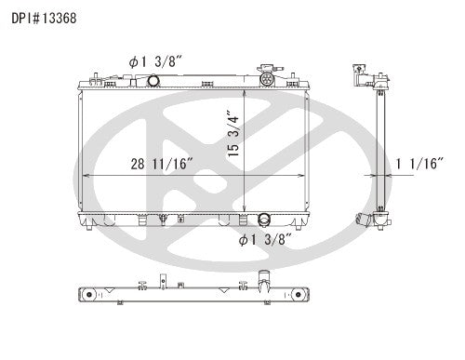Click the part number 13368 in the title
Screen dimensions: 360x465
click(x=46, y=11)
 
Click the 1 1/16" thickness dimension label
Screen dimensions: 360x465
click(x=419, y=165)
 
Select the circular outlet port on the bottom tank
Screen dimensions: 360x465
click(x=264, y=221)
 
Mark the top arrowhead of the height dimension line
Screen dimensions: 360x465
click(x=245, y=92)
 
